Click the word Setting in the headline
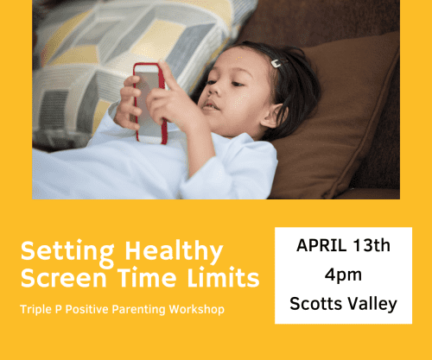pos(57,253)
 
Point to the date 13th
pos(373,246)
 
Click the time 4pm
pos(343,275)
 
